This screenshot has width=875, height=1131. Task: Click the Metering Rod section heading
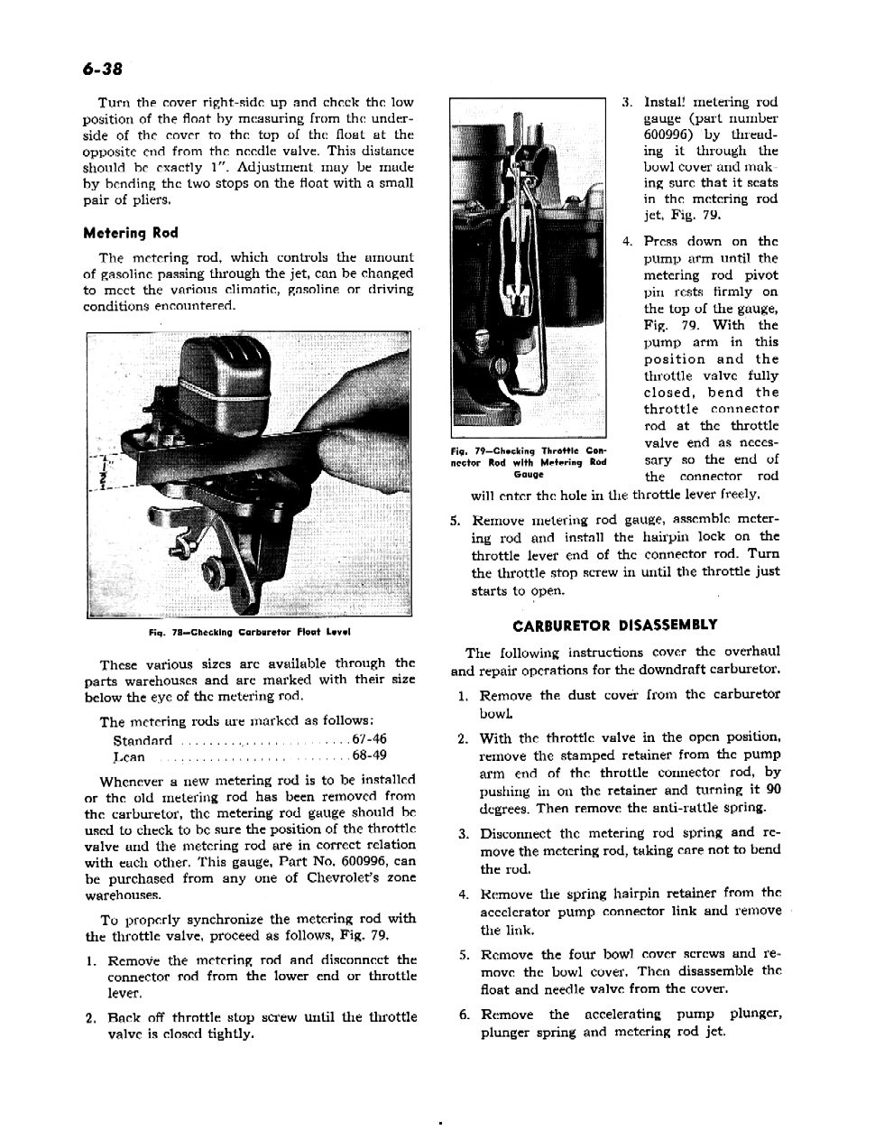click(x=130, y=233)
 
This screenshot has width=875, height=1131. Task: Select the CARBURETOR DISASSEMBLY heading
click(x=614, y=625)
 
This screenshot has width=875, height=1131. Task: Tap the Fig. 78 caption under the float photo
click(x=250, y=631)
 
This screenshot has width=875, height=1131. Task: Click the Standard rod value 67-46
click(x=369, y=739)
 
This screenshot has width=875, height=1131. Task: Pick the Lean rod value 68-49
click(x=369, y=756)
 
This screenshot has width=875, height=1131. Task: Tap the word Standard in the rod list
click(x=143, y=740)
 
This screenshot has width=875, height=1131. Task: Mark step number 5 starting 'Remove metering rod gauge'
click(x=456, y=520)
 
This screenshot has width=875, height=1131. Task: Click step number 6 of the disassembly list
click(x=463, y=1015)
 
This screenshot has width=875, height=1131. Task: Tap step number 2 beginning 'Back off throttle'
click(x=91, y=1017)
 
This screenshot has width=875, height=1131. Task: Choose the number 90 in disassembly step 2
click(x=772, y=790)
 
